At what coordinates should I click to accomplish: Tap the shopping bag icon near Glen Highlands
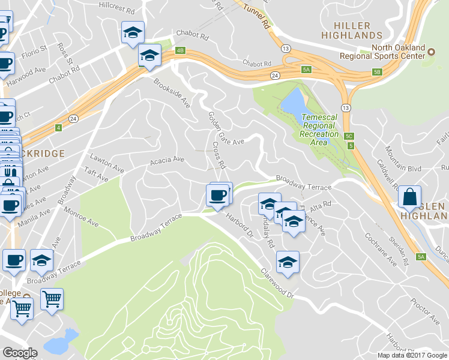(x=409, y=197)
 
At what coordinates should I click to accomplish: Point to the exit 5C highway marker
(x=349, y=136)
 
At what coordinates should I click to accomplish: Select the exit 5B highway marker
(x=377, y=72)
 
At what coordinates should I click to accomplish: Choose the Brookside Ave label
(x=172, y=93)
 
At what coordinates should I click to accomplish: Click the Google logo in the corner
(x=20, y=353)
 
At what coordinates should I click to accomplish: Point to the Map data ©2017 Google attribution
(x=411, y=355)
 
